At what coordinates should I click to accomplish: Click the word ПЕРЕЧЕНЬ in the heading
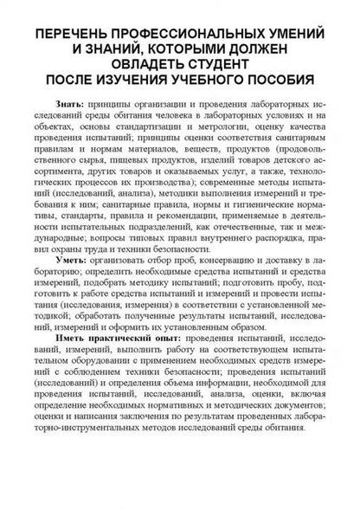click(x=72, y=34)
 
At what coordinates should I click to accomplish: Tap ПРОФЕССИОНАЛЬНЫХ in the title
click(x=184, y=34)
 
